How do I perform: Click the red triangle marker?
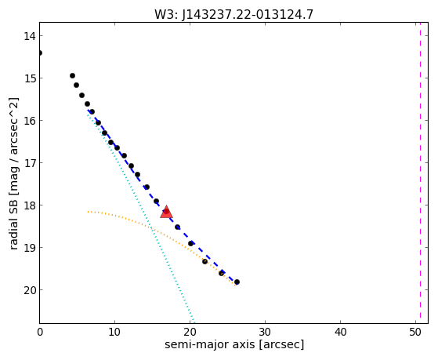(x=166, y=213)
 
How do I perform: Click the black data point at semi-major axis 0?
(x=40, y=53)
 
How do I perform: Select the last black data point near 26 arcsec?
(x=237, y=282)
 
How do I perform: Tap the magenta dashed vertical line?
(x=420, y=173)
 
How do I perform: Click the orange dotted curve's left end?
(x=88, y=212)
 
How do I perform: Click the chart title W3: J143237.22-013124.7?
(x=233, y=15)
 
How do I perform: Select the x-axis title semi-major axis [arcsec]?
(x=234, y=344)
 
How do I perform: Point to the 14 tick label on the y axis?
(x=29, y=36)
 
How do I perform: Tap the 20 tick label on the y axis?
(x=29, y=290)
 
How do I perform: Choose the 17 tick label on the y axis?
(x=29, y=163)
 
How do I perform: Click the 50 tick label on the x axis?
(x=415, y=332)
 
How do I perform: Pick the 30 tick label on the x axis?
(x=265, y=332)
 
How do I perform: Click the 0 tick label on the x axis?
(x=40, y=332)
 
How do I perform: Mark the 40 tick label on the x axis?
(x=340, y=332)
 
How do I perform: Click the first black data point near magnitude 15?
(x=72, y=75)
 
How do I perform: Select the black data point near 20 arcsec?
(x=190, y=244)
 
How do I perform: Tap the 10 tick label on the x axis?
(x=114, y=332)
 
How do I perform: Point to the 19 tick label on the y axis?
(x=29, y=248)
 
